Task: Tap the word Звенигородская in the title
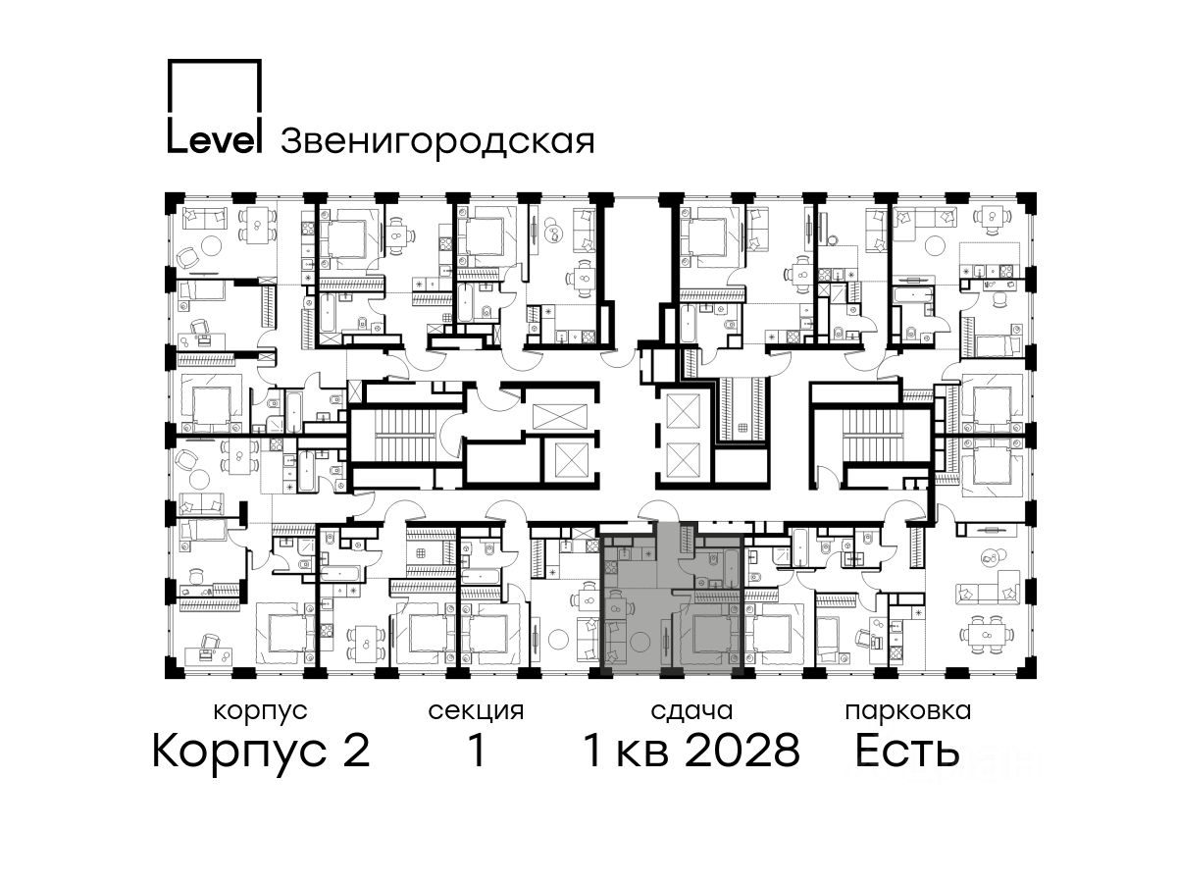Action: [437, 142]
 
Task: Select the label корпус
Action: [260, 712]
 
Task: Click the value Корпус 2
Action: [261, 752]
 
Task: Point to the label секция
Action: [476, 712]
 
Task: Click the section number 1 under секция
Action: [476, 751]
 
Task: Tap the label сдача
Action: [691, 712]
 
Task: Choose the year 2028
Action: [742, 751]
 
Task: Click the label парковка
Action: [908, 712]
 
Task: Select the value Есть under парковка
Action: [906, 751]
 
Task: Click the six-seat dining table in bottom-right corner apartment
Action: [986, 635]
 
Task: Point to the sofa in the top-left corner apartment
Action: [204, 218]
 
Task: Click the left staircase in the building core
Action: [404, 437]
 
